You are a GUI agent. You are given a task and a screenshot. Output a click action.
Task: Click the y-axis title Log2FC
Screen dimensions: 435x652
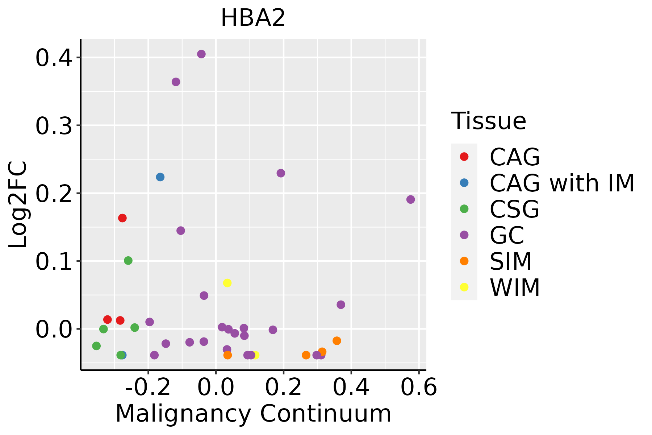(18, 204)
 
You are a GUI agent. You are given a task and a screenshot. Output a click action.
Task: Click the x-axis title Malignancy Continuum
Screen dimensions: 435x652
(253, 414)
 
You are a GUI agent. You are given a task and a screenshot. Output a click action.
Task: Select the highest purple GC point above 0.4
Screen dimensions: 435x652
(201, 54)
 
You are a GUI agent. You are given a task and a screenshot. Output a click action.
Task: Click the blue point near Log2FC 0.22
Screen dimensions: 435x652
(160, 177)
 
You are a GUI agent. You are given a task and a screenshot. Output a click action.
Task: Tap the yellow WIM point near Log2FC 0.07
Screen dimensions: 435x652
(227, 283)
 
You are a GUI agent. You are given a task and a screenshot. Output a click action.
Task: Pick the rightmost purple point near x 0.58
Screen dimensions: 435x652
(410, 200)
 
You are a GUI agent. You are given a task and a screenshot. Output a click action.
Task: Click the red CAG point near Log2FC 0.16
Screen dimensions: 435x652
(122, 218)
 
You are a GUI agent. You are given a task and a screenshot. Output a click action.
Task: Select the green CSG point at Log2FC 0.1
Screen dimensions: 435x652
(128, 261)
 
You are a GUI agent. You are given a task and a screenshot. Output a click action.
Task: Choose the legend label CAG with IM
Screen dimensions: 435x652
(562, 183)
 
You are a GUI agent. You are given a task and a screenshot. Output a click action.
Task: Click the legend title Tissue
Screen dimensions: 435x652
(489, 121)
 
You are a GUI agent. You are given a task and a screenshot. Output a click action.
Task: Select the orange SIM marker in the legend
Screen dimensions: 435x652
(464, 261)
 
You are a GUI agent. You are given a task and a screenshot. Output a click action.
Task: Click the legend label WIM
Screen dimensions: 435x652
(515, 288)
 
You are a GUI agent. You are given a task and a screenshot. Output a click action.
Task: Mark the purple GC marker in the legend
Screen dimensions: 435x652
(464, 235)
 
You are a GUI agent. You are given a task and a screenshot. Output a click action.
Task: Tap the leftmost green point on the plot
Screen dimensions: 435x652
(96, 346)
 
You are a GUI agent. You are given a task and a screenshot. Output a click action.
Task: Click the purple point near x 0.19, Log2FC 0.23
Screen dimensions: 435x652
(281, 173)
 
